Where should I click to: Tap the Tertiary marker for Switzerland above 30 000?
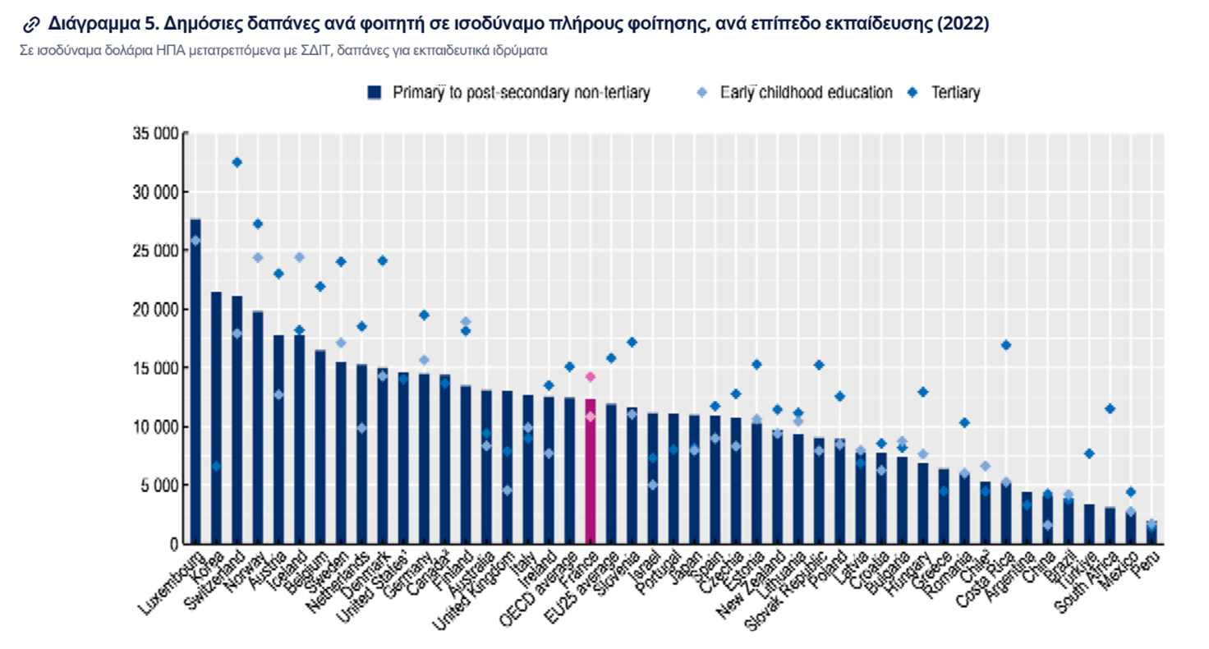coord(237,163)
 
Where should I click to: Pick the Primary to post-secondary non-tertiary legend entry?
coord(509,93)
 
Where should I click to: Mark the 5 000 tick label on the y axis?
coord(158,486)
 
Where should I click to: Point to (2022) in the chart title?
coord(963,24)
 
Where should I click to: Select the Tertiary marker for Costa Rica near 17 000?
coord(1006,345)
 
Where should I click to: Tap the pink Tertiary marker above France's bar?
coord(590,377)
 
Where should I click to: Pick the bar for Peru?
coord(1152,532)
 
